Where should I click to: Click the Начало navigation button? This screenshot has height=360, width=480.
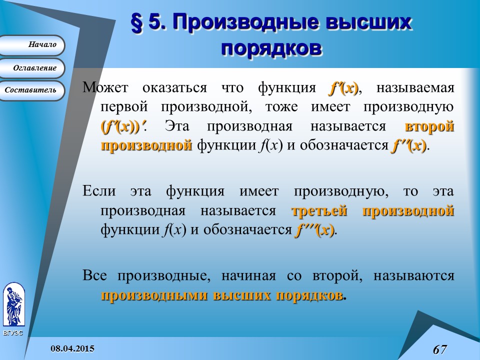click(x=32, y=45)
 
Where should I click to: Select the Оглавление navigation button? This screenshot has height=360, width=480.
click(x=32, y=68)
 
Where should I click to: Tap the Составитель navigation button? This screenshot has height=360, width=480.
click(x=32, y=90)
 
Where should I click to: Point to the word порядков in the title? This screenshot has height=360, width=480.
click(x=270, y=49)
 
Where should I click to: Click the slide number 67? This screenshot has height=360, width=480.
click(x=439, y=349)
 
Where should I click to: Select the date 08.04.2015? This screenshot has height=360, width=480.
click(x=73, y=347)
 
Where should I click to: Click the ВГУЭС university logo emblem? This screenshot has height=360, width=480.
click(x=13, y=305)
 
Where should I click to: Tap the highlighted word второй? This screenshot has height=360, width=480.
click(x=429, y=126)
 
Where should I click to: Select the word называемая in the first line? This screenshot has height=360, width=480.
click(x=415, y=88)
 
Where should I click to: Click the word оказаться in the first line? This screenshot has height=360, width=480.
click(x=174, y=88)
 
